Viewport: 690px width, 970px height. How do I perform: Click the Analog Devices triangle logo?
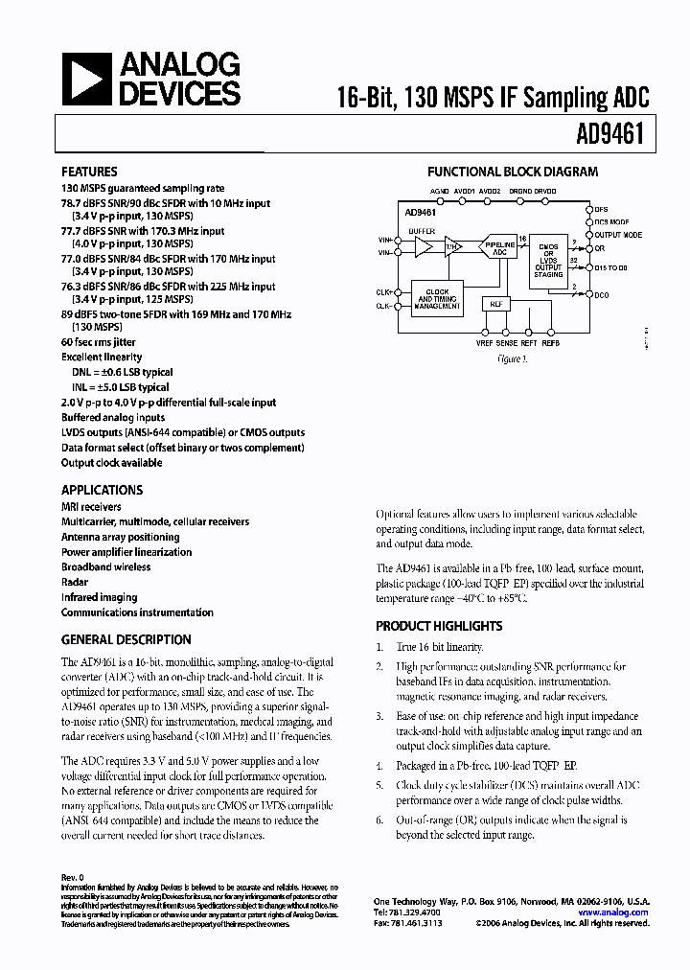86,78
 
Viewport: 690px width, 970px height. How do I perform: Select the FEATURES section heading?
90,173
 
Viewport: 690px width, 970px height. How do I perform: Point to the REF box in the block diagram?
496,304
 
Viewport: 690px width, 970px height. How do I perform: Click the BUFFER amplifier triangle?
423,247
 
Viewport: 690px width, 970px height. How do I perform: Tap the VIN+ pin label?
384,240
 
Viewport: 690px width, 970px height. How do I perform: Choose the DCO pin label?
601,295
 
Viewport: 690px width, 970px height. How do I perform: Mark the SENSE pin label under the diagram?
507,342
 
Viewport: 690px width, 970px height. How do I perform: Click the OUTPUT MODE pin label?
617,235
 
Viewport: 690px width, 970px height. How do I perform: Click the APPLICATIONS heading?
102,490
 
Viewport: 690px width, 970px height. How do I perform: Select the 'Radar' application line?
75,582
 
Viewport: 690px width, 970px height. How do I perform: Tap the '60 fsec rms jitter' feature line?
99,342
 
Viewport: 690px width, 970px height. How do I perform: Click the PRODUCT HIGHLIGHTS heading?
439,626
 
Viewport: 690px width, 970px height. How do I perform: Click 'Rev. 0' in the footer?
74,877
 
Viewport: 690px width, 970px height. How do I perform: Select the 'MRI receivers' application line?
92,507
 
